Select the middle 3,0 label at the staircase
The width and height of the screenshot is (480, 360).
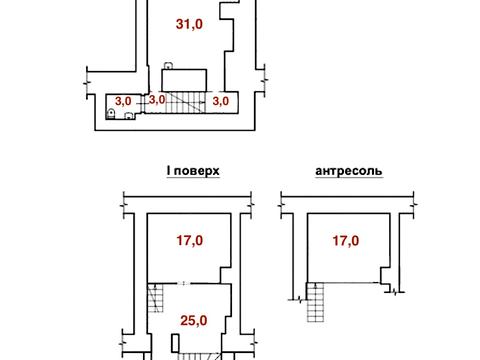[x=157, y=99]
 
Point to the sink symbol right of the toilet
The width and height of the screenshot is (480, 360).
[x=130, y=114]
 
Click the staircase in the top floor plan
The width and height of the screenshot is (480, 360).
[x=186, y=100]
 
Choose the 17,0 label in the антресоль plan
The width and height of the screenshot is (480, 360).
[x=347, y=240]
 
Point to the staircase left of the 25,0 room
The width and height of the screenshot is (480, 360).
[x=155, y=299]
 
